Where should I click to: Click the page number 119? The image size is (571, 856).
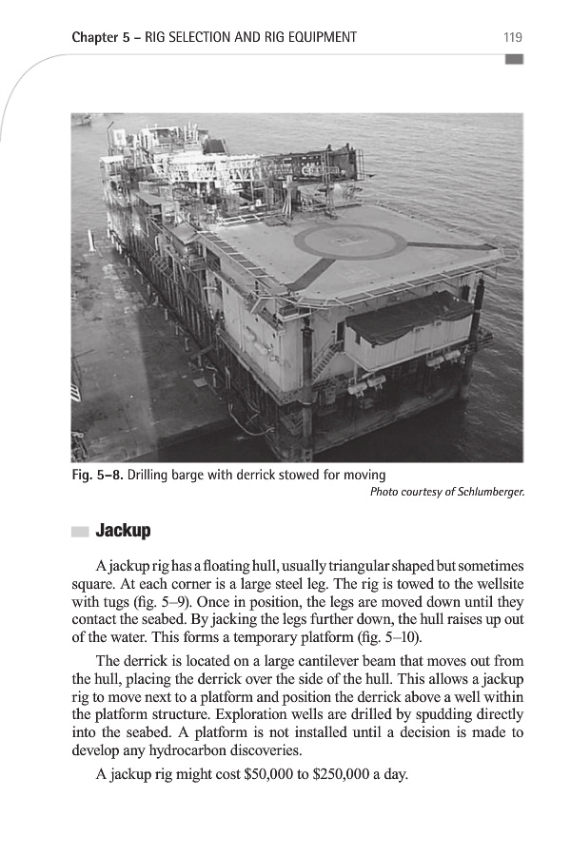(x=512, y=38)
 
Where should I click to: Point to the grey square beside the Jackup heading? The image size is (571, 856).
(x=80, y=530)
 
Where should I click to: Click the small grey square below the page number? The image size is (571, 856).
(x=514, y=59)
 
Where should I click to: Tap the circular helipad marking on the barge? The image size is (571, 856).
(x=350, y=242)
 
